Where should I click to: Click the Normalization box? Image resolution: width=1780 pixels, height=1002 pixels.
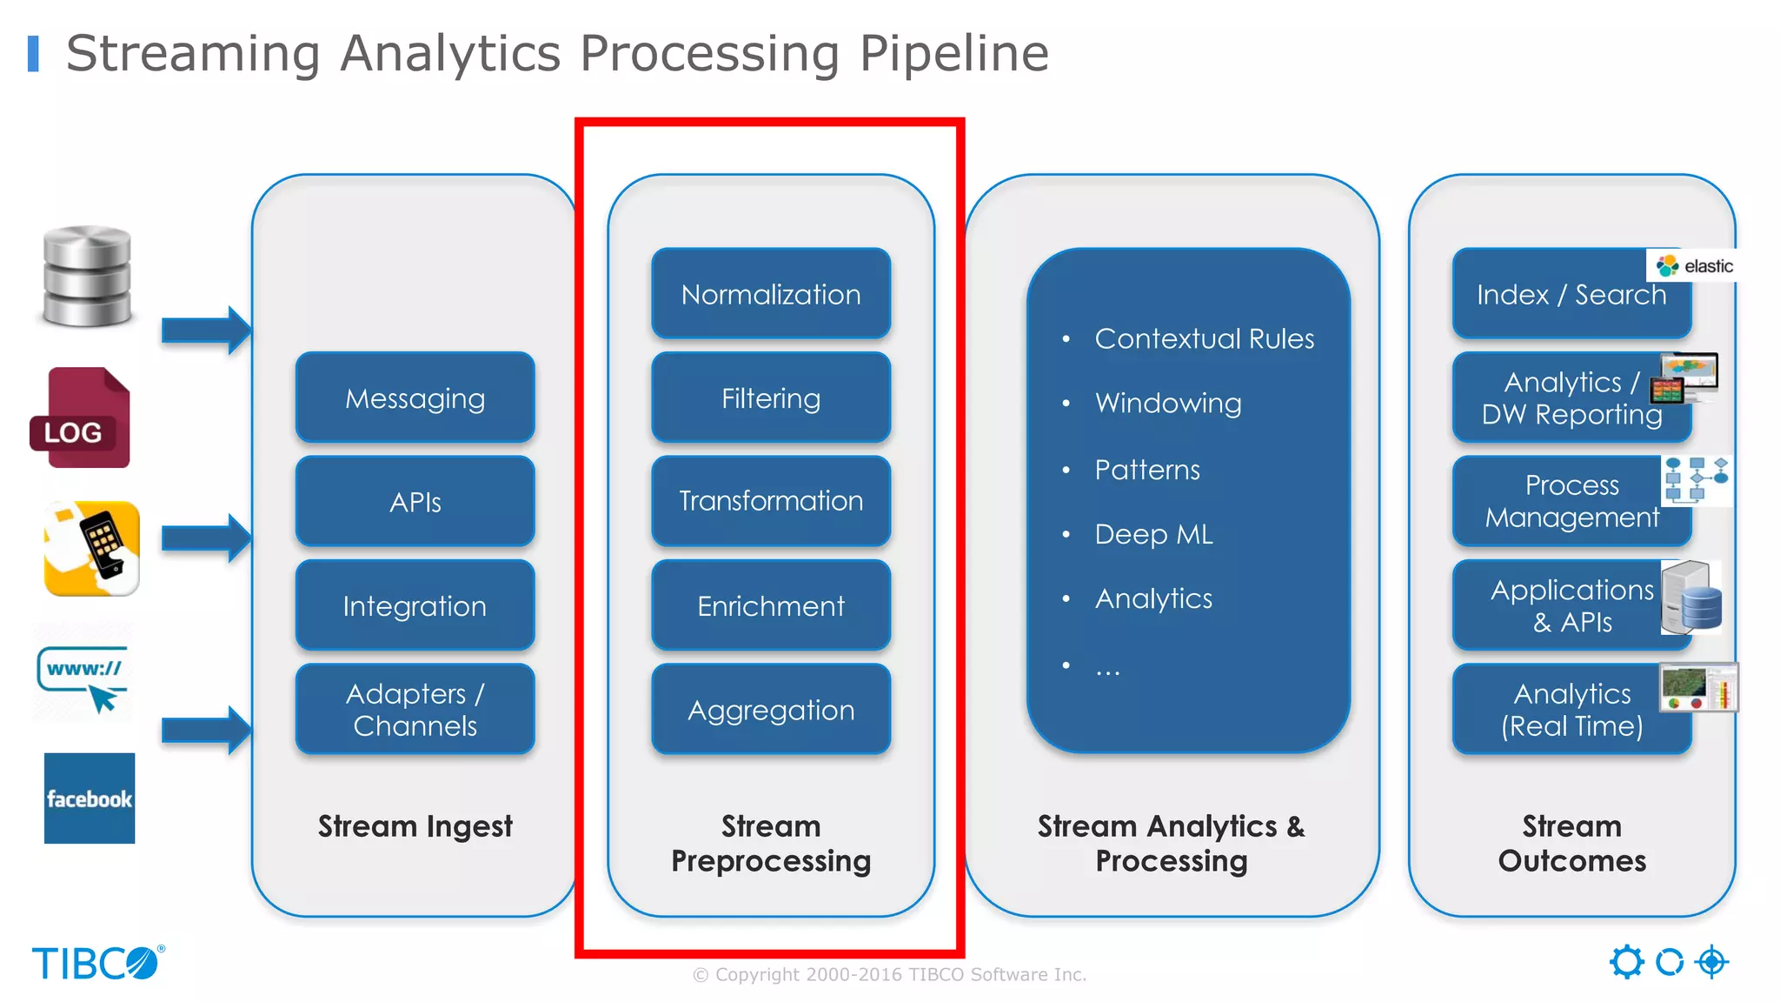[771, 294]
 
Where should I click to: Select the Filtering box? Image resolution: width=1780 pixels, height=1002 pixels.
[771, 398]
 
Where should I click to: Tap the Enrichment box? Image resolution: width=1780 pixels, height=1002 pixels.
[771, 605]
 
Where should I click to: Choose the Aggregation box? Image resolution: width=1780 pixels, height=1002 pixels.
[771, 710]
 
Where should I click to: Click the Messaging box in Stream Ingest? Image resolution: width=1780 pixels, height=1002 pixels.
[415, 398]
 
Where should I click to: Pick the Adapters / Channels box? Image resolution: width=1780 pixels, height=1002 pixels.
[415, 710]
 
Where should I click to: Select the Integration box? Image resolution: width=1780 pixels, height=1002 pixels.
[415, 605]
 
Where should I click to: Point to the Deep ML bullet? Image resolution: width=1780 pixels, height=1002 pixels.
[1153, 534]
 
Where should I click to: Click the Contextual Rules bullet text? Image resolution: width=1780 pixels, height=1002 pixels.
[1204, 338]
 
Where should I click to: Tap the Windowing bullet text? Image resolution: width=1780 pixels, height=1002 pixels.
[1168, 403]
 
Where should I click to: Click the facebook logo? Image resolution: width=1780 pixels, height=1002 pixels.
[90, 798]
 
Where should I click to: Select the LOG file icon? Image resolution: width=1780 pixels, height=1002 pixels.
[81, 418]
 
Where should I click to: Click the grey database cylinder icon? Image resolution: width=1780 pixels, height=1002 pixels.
[88, 276]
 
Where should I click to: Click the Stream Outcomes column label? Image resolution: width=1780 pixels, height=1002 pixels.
[1571, 843]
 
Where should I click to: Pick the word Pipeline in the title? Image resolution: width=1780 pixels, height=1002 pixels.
[953, 54]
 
